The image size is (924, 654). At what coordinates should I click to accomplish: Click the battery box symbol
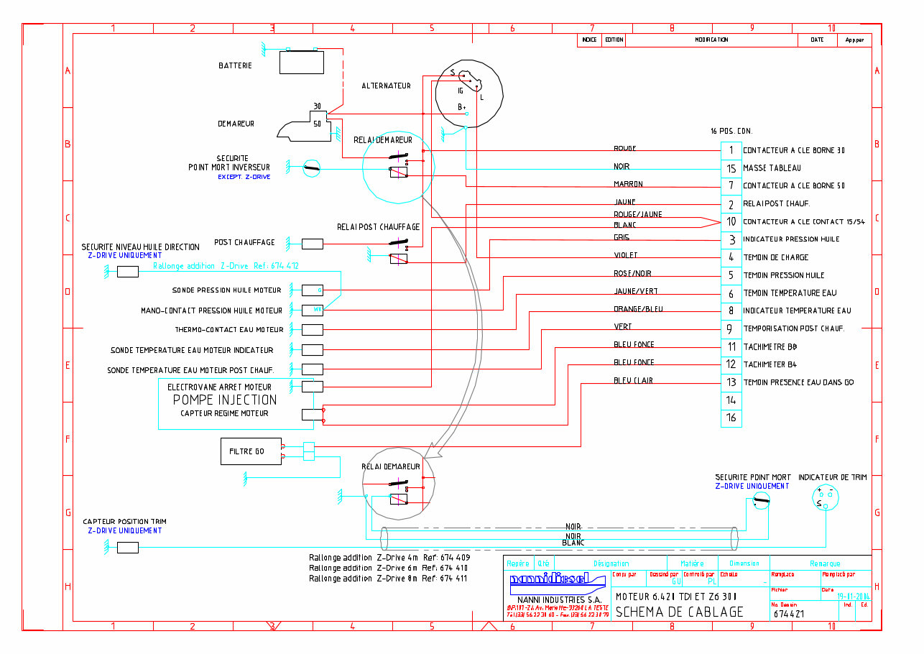pos(302,62)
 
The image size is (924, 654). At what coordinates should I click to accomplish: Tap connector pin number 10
pos(731,221)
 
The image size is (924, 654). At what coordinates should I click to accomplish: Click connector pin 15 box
pos(731,168)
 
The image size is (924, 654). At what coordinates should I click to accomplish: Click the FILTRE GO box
pos(251,451)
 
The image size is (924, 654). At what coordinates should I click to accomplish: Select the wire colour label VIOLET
pos(625,255)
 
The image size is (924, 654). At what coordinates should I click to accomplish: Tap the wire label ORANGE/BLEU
pos(638,309)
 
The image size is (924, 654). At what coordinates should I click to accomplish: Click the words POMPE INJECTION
pos(225,400)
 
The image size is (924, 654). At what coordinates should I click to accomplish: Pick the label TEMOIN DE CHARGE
pos(775,257)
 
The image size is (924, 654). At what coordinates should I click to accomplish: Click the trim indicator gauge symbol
pos(825,497)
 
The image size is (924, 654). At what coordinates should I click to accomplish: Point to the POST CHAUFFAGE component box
pos(312,244)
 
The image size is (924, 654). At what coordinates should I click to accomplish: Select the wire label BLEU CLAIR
pos(633,380)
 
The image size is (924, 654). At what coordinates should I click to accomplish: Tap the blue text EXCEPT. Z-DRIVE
pos(244,177)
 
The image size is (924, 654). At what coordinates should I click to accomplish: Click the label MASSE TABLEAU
pos(772,168)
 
